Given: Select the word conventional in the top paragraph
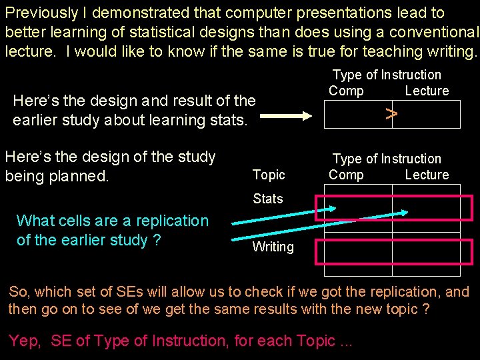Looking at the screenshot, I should tap(434, 32).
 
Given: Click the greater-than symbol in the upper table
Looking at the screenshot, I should tap(392, 114).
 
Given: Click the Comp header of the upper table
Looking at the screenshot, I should tap(347, 91).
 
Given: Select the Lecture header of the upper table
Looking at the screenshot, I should tap(427, 91).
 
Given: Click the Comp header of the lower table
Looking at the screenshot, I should tap(347, 175).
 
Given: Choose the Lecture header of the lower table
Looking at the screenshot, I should tap(427, 175).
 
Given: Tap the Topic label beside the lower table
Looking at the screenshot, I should tap(269, 175).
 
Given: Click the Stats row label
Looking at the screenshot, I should tap(268, 199).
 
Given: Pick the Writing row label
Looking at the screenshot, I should tap(273, 247).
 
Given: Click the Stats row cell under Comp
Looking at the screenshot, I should tap(354, 209).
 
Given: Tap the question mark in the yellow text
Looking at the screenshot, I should tap(157, 240).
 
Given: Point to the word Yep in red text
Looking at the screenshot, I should tap(25, 341).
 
